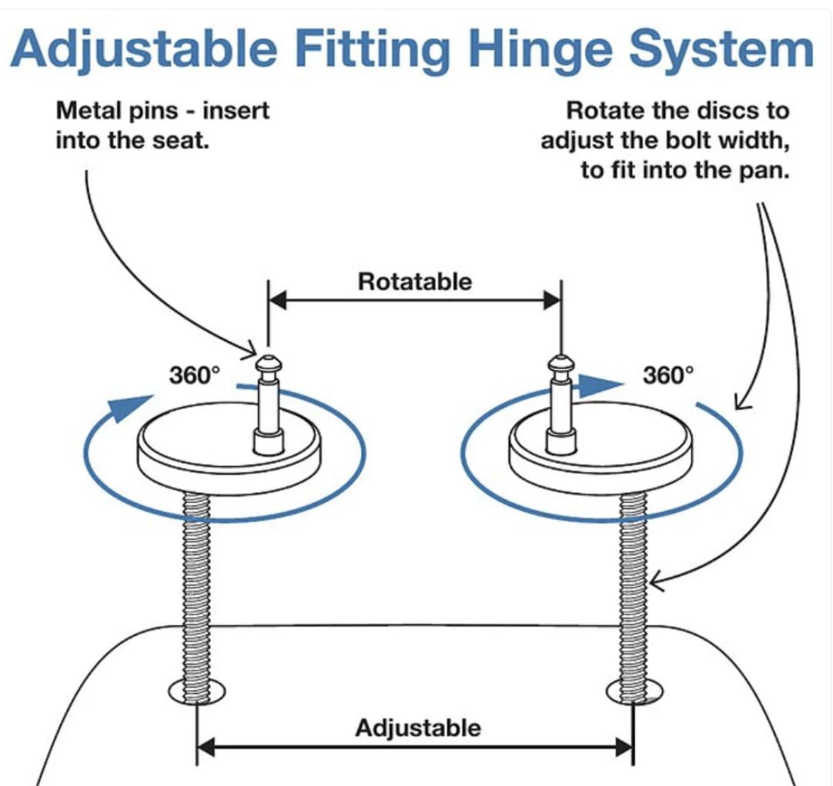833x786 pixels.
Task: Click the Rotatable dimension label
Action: (x=414, y=281)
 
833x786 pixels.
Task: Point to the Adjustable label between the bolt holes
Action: (x=417, y=727)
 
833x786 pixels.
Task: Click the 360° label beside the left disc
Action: (x=194, y=375)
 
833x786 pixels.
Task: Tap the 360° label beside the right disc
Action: (x=667, y=375)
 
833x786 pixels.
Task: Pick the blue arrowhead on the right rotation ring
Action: (x=598, y=385)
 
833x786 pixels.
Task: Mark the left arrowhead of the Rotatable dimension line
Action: (x=277, y=301)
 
